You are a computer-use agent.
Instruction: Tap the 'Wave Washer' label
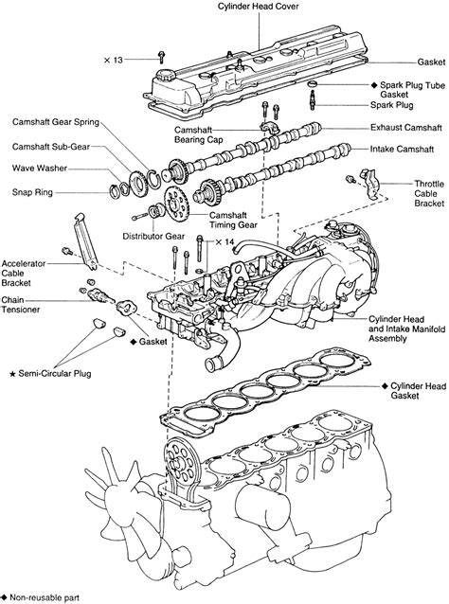pos(36,169)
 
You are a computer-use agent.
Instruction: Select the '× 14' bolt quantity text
pos(224,242)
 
